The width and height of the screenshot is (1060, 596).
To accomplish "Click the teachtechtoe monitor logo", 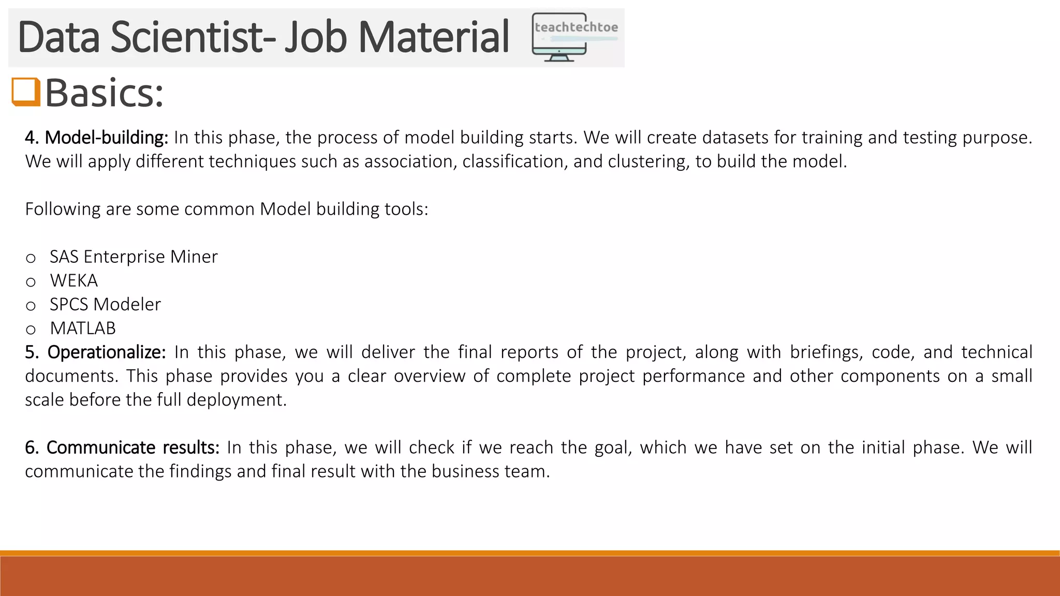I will click(575, 38).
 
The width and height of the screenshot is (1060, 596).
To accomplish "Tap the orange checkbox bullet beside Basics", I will click(26, 92).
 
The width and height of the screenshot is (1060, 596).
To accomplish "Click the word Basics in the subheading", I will click(104, 93).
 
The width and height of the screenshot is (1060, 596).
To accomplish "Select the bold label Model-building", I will click(106, 138).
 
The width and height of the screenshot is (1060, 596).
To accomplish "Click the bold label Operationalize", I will click(106, 352).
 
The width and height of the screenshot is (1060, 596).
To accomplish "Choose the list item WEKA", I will click(74, 281).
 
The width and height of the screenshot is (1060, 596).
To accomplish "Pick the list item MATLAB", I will click(83, 329).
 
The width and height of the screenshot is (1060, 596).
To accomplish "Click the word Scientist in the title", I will click(192, 37).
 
